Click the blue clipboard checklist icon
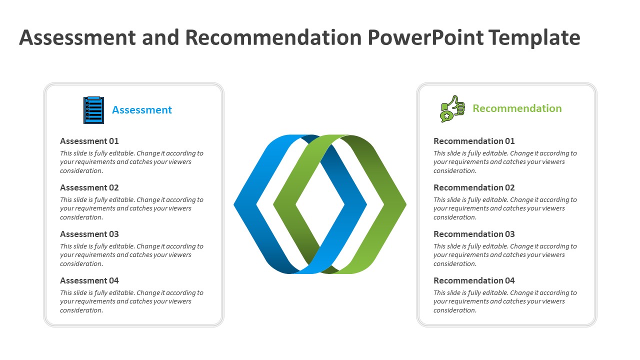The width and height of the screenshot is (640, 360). (93, 110)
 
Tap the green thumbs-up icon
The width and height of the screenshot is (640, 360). (452, 108)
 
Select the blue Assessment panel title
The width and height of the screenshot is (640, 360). (141, 110)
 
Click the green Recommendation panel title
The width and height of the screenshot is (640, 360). (517, 108)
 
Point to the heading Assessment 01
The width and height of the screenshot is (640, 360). (89, 141)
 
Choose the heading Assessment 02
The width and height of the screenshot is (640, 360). (89, 187)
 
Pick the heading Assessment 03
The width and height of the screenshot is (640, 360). (89, 234)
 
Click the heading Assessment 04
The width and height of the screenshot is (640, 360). (89, 281)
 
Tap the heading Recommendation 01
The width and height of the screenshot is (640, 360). (474, 141)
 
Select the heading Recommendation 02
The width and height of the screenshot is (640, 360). (474, 187)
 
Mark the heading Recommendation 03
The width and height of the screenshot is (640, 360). (474, 234)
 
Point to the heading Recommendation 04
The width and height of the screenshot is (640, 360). (474, 281)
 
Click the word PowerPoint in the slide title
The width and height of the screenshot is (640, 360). (425, 37)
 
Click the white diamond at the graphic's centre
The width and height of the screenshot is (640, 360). (320, 204)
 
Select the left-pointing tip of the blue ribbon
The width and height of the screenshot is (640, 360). (234, 204)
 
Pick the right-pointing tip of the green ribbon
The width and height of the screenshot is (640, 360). (406, 204)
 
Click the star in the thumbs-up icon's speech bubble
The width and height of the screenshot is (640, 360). (446, 116)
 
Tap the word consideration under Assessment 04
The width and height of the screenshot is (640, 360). (81, 310)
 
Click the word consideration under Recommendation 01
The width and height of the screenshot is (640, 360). (455, 171)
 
